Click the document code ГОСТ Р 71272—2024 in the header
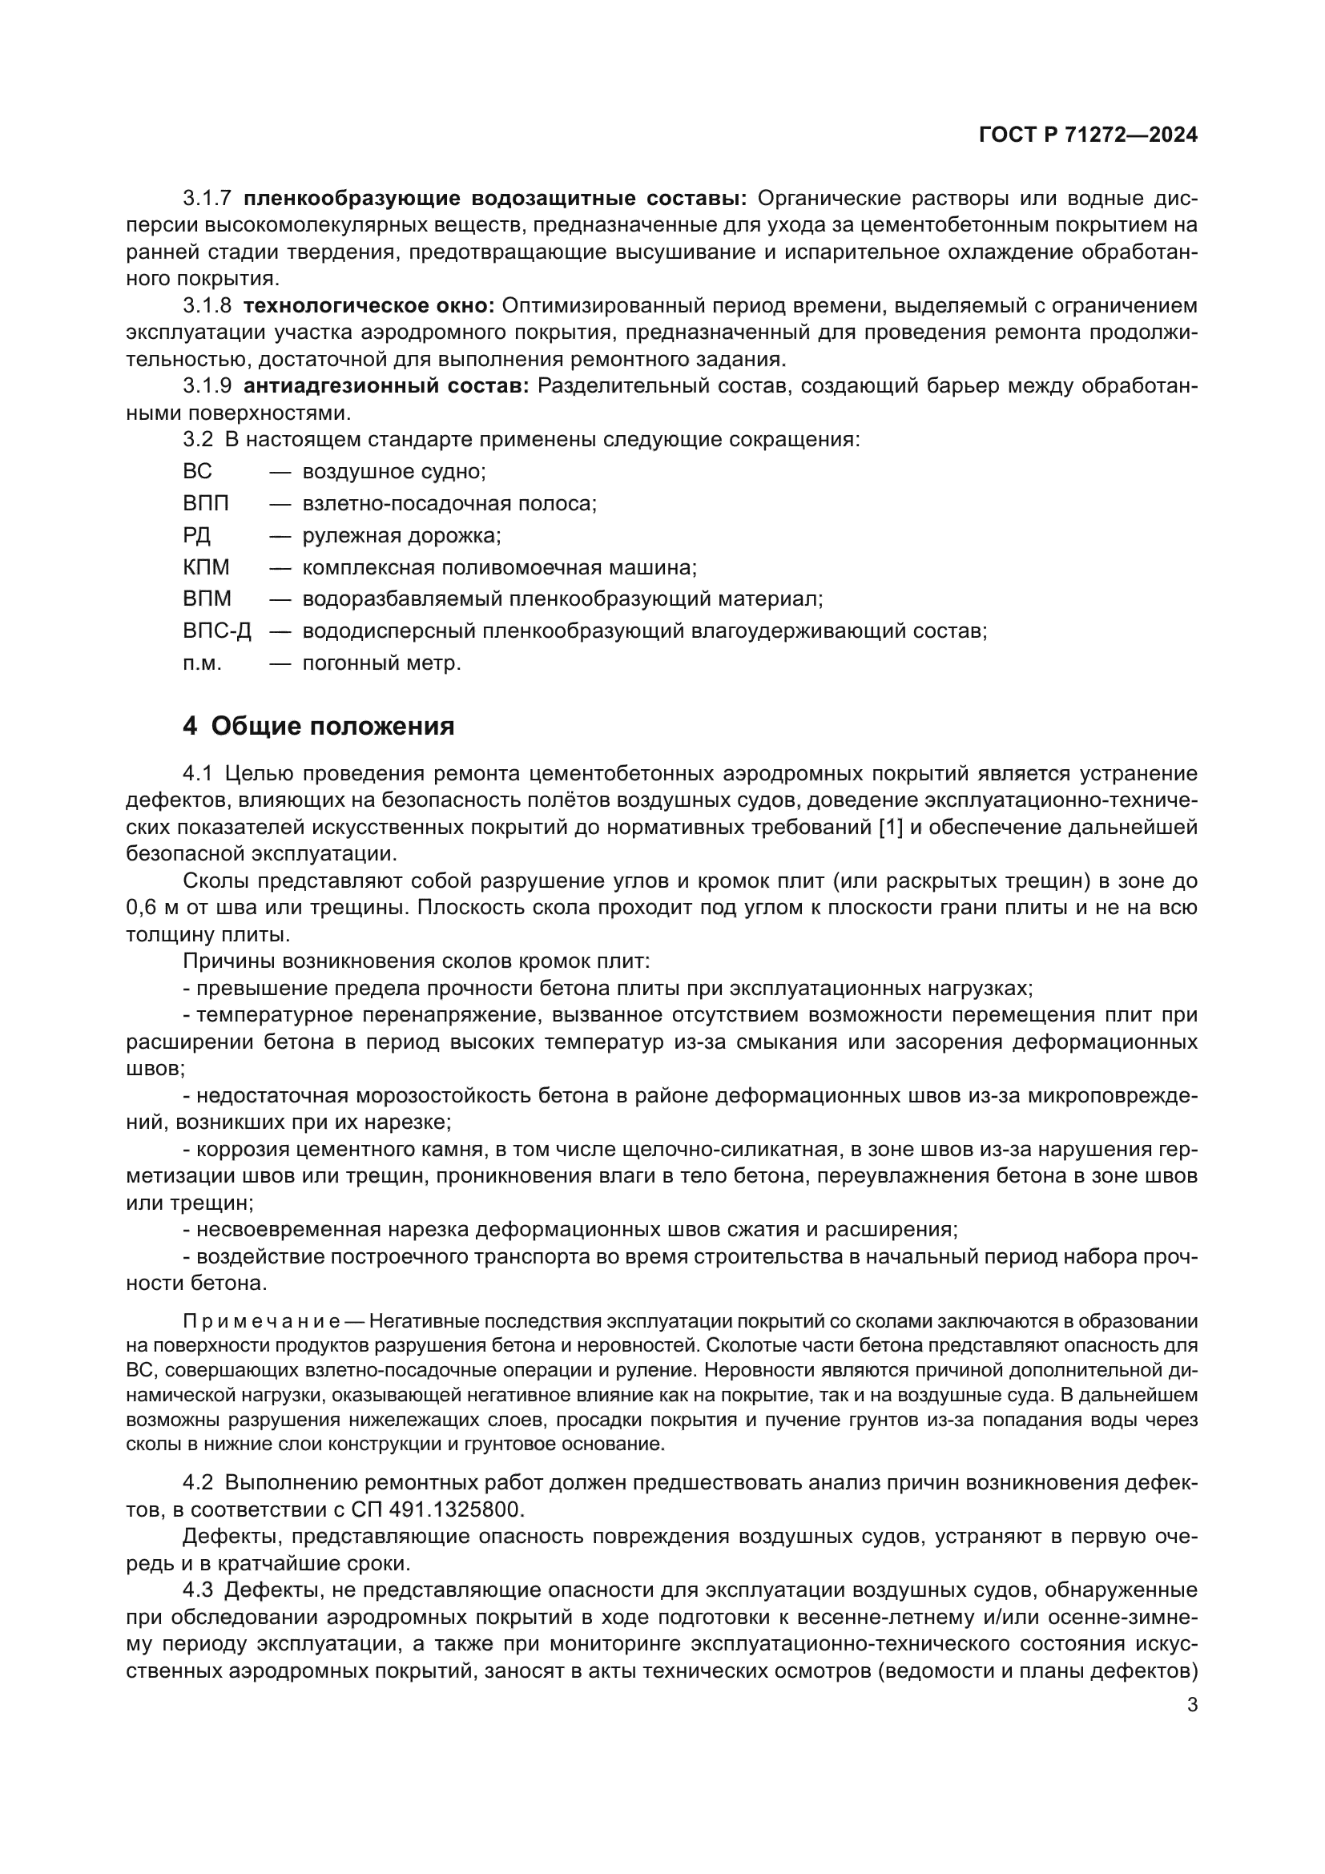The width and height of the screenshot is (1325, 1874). [1088, 135]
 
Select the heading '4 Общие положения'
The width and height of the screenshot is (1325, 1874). [318, 726]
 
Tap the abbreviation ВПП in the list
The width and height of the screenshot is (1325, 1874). [206, 504]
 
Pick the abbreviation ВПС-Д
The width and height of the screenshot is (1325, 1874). [216, 631]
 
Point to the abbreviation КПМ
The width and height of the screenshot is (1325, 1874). [206, 567]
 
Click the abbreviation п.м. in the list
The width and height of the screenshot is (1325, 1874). [202, 663]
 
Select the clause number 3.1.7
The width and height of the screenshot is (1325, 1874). [207, 199]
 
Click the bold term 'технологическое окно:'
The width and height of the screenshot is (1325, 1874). [369, 306]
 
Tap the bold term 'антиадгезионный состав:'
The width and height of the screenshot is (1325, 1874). [386, 386]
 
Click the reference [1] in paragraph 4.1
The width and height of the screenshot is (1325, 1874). [890, 827]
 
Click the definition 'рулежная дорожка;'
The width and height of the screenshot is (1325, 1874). [401, 535]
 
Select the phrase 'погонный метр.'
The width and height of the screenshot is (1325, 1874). [381, 663]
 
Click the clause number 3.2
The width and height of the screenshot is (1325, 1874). [198, 440]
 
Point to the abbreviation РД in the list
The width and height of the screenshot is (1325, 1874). [196, 535]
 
